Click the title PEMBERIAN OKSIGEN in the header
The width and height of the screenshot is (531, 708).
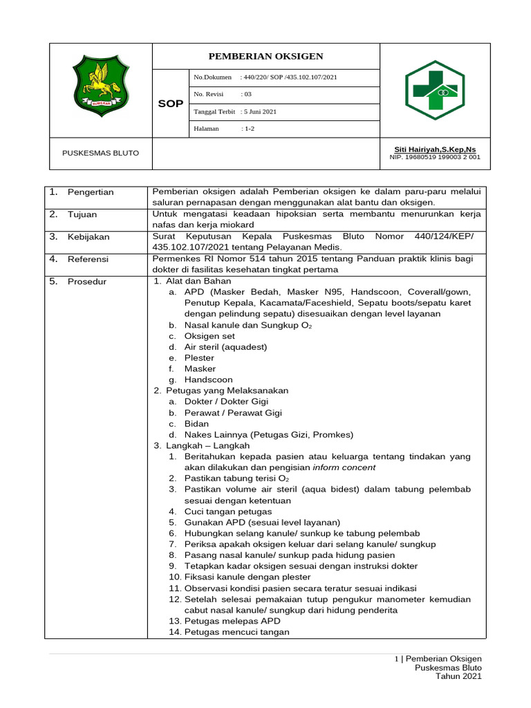(265, 56)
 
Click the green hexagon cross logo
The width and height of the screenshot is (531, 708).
(434, 90)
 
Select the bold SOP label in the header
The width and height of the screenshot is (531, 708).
(170, 104)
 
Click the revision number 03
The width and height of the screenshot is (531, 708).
(246, 95)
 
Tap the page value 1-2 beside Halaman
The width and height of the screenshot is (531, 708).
(248, 129)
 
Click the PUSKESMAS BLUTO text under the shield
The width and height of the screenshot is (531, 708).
(100, 153)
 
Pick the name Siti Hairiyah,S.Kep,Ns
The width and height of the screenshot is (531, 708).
(434, 149)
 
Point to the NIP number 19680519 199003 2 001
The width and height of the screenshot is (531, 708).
(435, 158)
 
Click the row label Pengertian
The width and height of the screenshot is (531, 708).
(91, 192)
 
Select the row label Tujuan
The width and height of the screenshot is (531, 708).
(82, 214)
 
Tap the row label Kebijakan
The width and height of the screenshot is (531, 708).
(88, 237)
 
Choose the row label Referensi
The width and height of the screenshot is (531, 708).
(88, 259)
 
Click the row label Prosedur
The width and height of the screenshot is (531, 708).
(87, 281)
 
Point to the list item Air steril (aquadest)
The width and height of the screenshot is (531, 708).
(225, 347)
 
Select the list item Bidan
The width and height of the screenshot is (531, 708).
(196, 424)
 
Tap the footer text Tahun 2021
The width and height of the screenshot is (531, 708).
(458, 676)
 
